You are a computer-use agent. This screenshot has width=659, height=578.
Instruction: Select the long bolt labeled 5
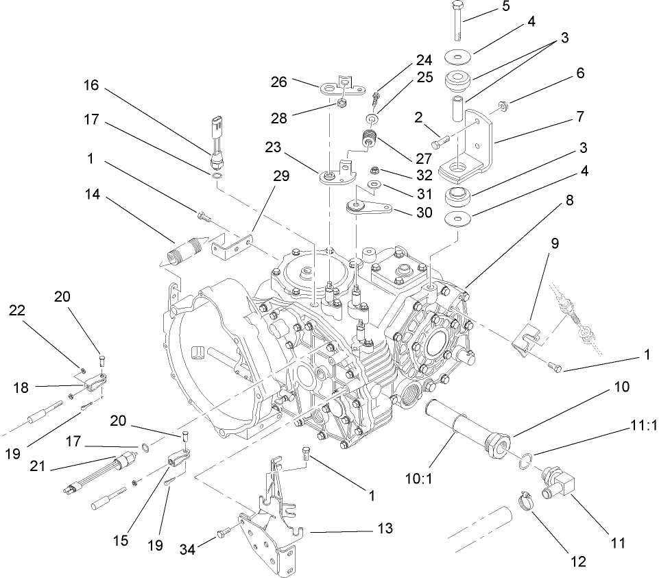coord(458,24)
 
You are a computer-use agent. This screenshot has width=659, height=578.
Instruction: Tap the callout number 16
coord(92,86)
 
